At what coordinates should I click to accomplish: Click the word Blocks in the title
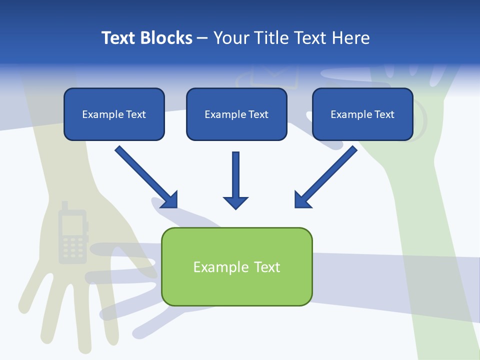point(167,38)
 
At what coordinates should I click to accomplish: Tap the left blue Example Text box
point(114,114)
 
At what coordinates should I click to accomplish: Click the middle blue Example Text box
point(236,114)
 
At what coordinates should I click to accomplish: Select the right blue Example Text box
point(362,114)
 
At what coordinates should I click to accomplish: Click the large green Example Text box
point(236,266)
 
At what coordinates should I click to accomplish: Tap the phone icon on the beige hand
point(72,235)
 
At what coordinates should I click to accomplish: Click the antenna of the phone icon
point(64,205)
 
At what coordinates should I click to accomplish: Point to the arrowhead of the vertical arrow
point(235,202)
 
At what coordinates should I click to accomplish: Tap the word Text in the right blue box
point(384,114)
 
